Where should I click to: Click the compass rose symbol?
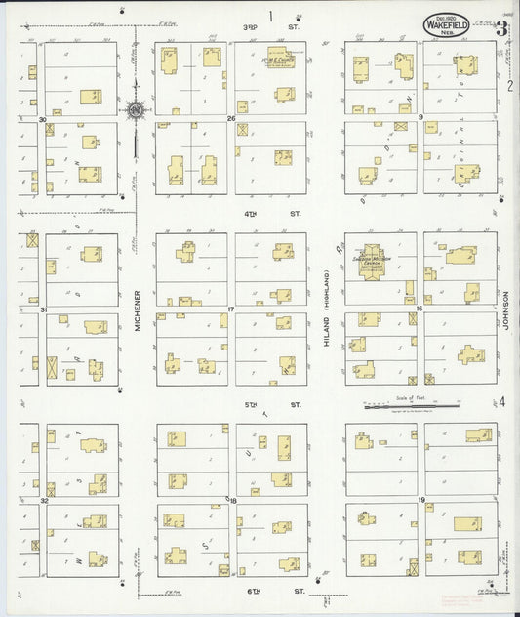[x=135, y=108]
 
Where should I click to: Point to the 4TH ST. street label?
[x=288, y=212]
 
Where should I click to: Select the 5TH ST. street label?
[x=288, y=402]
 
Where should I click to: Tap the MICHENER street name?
[x=137, y=312]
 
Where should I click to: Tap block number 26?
[x=232, y=119]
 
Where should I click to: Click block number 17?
[x=232, y=309]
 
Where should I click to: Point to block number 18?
[x=232, y=500]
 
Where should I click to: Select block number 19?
[x=420, y=500]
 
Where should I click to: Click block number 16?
[x=420, y=309]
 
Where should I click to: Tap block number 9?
[x=420, y=119]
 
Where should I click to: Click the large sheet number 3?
[x=500, y=29]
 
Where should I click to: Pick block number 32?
[x=44, y=500]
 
